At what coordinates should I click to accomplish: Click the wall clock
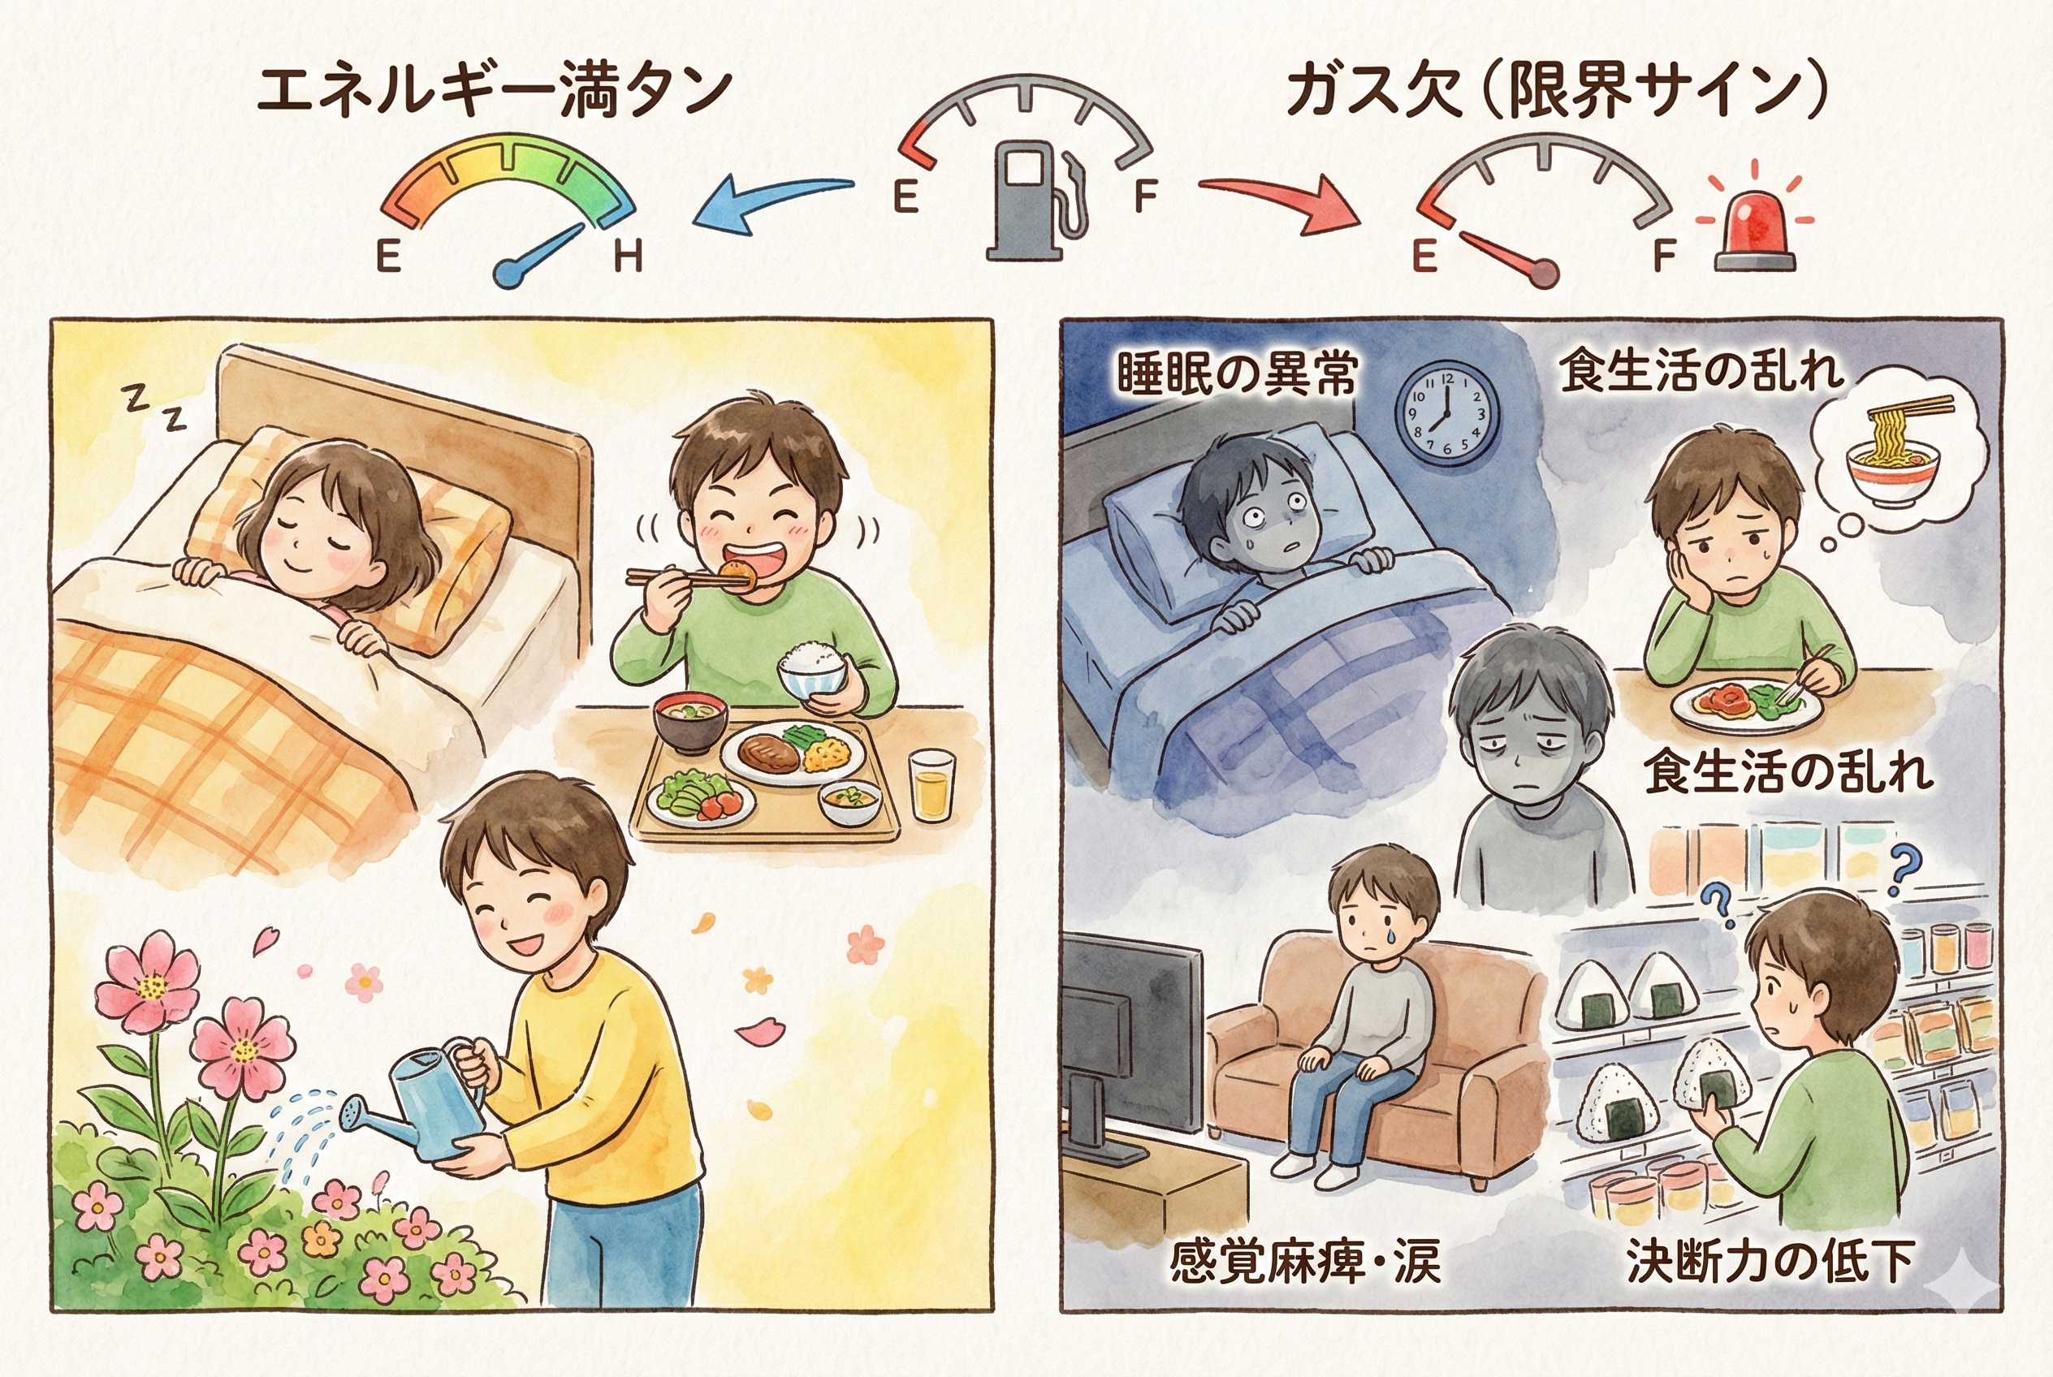point(1447,415)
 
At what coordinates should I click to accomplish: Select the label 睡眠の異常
point(1237,373)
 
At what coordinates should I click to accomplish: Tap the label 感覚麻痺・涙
point(1304,1261)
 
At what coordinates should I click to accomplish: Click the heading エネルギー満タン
point(494,89)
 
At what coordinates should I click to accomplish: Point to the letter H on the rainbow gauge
point(628,257)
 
